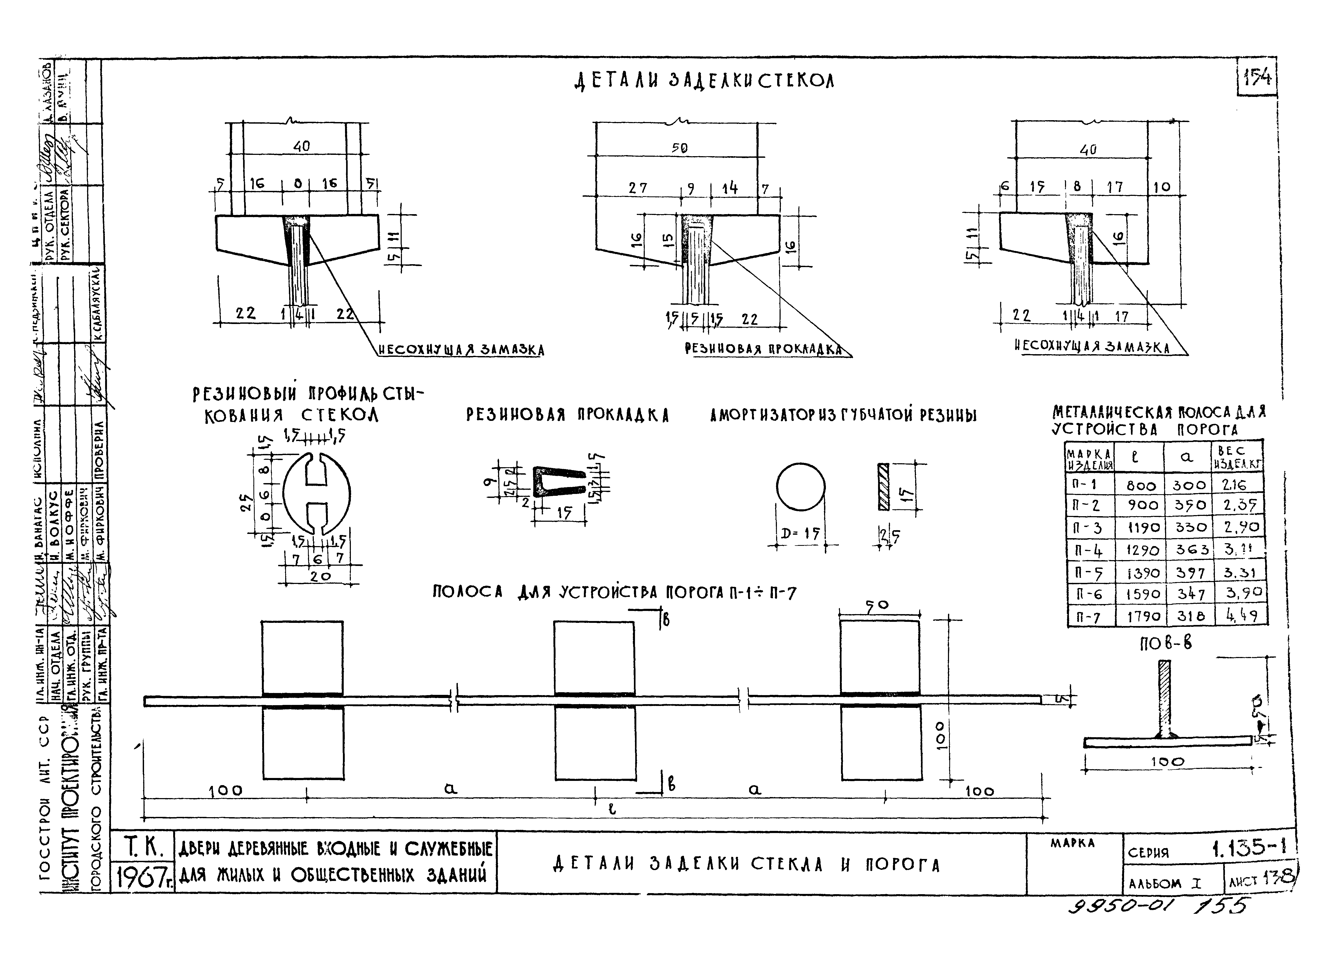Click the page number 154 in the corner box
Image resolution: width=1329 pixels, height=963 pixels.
1257,77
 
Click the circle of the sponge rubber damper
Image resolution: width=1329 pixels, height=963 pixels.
800,487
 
